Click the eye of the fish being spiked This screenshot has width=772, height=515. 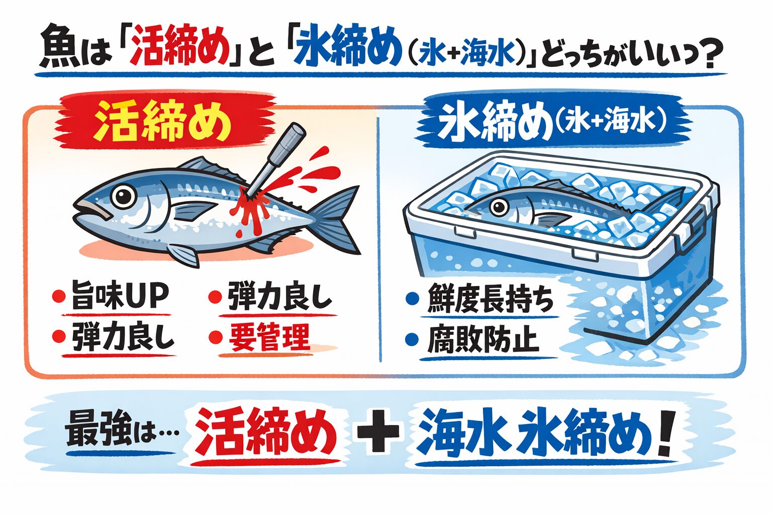point(122,196)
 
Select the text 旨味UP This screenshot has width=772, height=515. point(120,296)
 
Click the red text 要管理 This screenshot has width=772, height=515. point(269,337)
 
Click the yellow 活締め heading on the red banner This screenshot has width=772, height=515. point(162,122)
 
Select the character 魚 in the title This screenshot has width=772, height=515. point(58,52)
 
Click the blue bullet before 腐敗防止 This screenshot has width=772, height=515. point(412,340)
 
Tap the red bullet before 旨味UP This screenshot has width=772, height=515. point(59,296)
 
